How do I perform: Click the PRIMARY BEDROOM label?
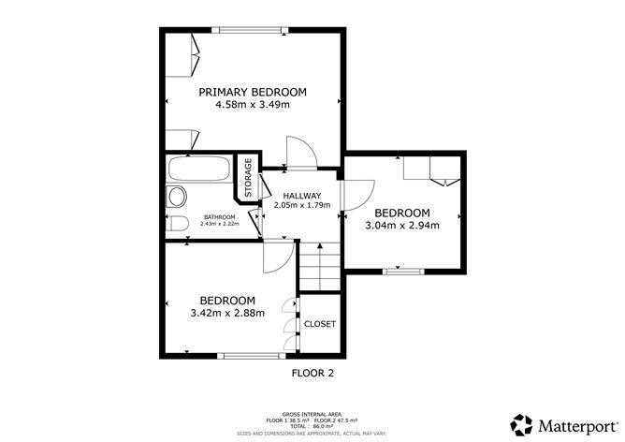point(253,92)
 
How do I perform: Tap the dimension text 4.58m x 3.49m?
point(253,105)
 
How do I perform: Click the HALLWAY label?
point(302,195)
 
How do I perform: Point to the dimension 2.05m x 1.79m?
point(302,205)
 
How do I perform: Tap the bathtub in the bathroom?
point(198,171)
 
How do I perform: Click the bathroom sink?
point(174,196)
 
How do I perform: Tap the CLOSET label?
point(319,324)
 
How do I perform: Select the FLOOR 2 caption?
point(313,373)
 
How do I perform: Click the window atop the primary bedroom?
point(251,30)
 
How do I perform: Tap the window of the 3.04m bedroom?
point(403,271)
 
